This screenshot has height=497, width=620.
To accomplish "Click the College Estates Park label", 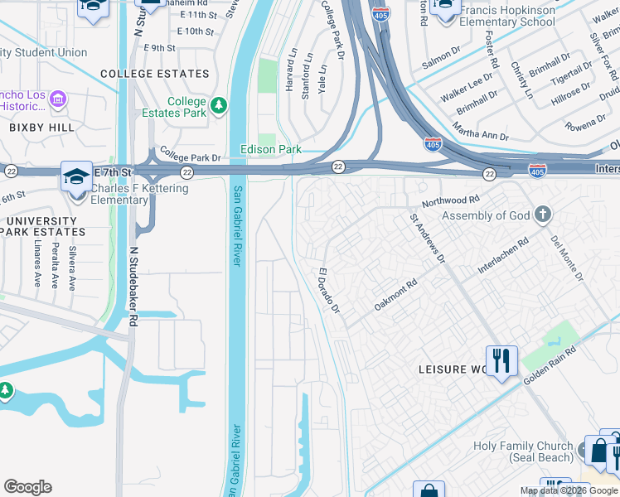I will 186,107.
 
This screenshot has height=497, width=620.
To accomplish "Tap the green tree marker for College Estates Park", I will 219,105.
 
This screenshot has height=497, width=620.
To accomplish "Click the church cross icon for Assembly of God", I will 543,215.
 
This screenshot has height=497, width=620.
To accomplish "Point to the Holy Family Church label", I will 523,451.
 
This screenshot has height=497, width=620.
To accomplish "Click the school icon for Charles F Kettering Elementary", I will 75,177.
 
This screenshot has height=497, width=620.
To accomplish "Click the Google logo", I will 27,487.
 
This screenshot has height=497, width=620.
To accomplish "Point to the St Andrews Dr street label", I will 427,239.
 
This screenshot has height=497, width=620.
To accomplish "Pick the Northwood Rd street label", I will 451,200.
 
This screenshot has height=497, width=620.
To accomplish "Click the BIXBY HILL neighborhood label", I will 41,128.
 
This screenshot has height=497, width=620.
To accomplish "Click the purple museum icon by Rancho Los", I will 57,100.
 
